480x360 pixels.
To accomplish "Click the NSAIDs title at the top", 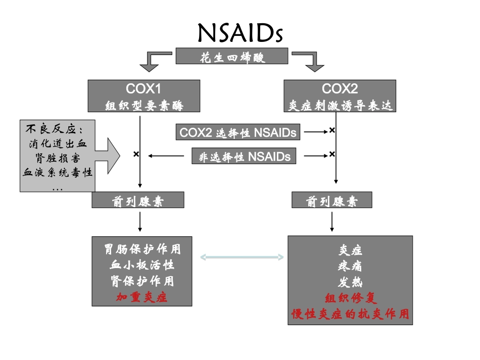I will click(x=240, y=33).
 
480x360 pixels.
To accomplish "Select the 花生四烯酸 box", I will click(x=232, y=56).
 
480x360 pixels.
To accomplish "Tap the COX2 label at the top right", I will click(x=340, y=89).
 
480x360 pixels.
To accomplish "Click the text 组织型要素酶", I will click(x=143, y=105).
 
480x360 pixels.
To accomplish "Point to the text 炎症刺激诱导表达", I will click(x=340, y=105).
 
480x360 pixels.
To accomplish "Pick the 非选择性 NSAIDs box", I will click(x=242, y=157).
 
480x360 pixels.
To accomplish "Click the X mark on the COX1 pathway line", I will click(x=136, y=154).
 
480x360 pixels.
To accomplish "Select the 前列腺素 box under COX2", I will click(x=332, y=201).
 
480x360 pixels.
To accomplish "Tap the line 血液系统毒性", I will click(x=58, y=172).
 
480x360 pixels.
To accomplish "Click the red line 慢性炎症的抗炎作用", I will click(x=350, y=314).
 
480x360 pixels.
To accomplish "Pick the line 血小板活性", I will click(x=142, y=265).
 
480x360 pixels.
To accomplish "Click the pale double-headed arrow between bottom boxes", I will click(x=242, y=258).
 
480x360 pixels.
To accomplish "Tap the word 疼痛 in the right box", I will click(x=350, y=266).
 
